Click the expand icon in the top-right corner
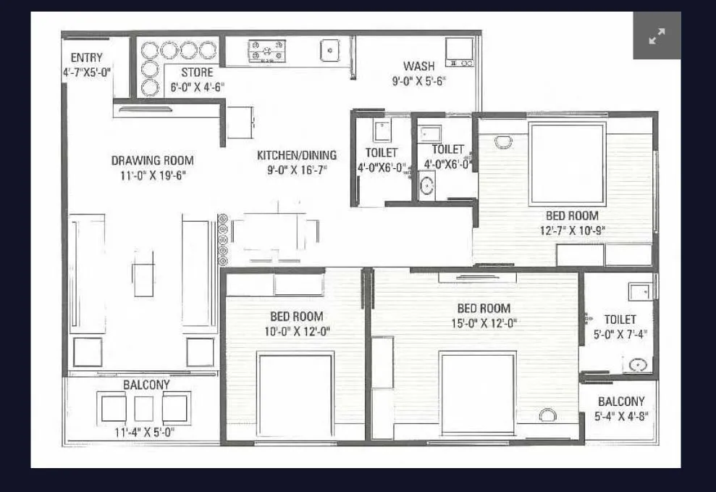point(657,36)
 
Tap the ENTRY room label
point(86,58)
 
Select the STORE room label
point(197,72)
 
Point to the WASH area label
point(419,67)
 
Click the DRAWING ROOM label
point(152,160)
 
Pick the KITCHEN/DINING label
point(297,154)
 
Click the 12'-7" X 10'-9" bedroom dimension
point(571,230)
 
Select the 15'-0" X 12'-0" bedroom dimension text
point(483,323)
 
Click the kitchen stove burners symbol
point(266,51)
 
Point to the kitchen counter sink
point(329,50)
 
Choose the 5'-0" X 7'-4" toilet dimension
point(620,334)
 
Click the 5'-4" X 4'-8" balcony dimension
point(620,416)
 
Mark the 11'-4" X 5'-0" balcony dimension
point(145,433)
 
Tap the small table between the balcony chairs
point(144,409)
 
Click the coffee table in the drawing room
point(143,274)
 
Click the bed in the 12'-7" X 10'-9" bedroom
point(567,164)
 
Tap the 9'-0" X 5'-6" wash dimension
point(418,82)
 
